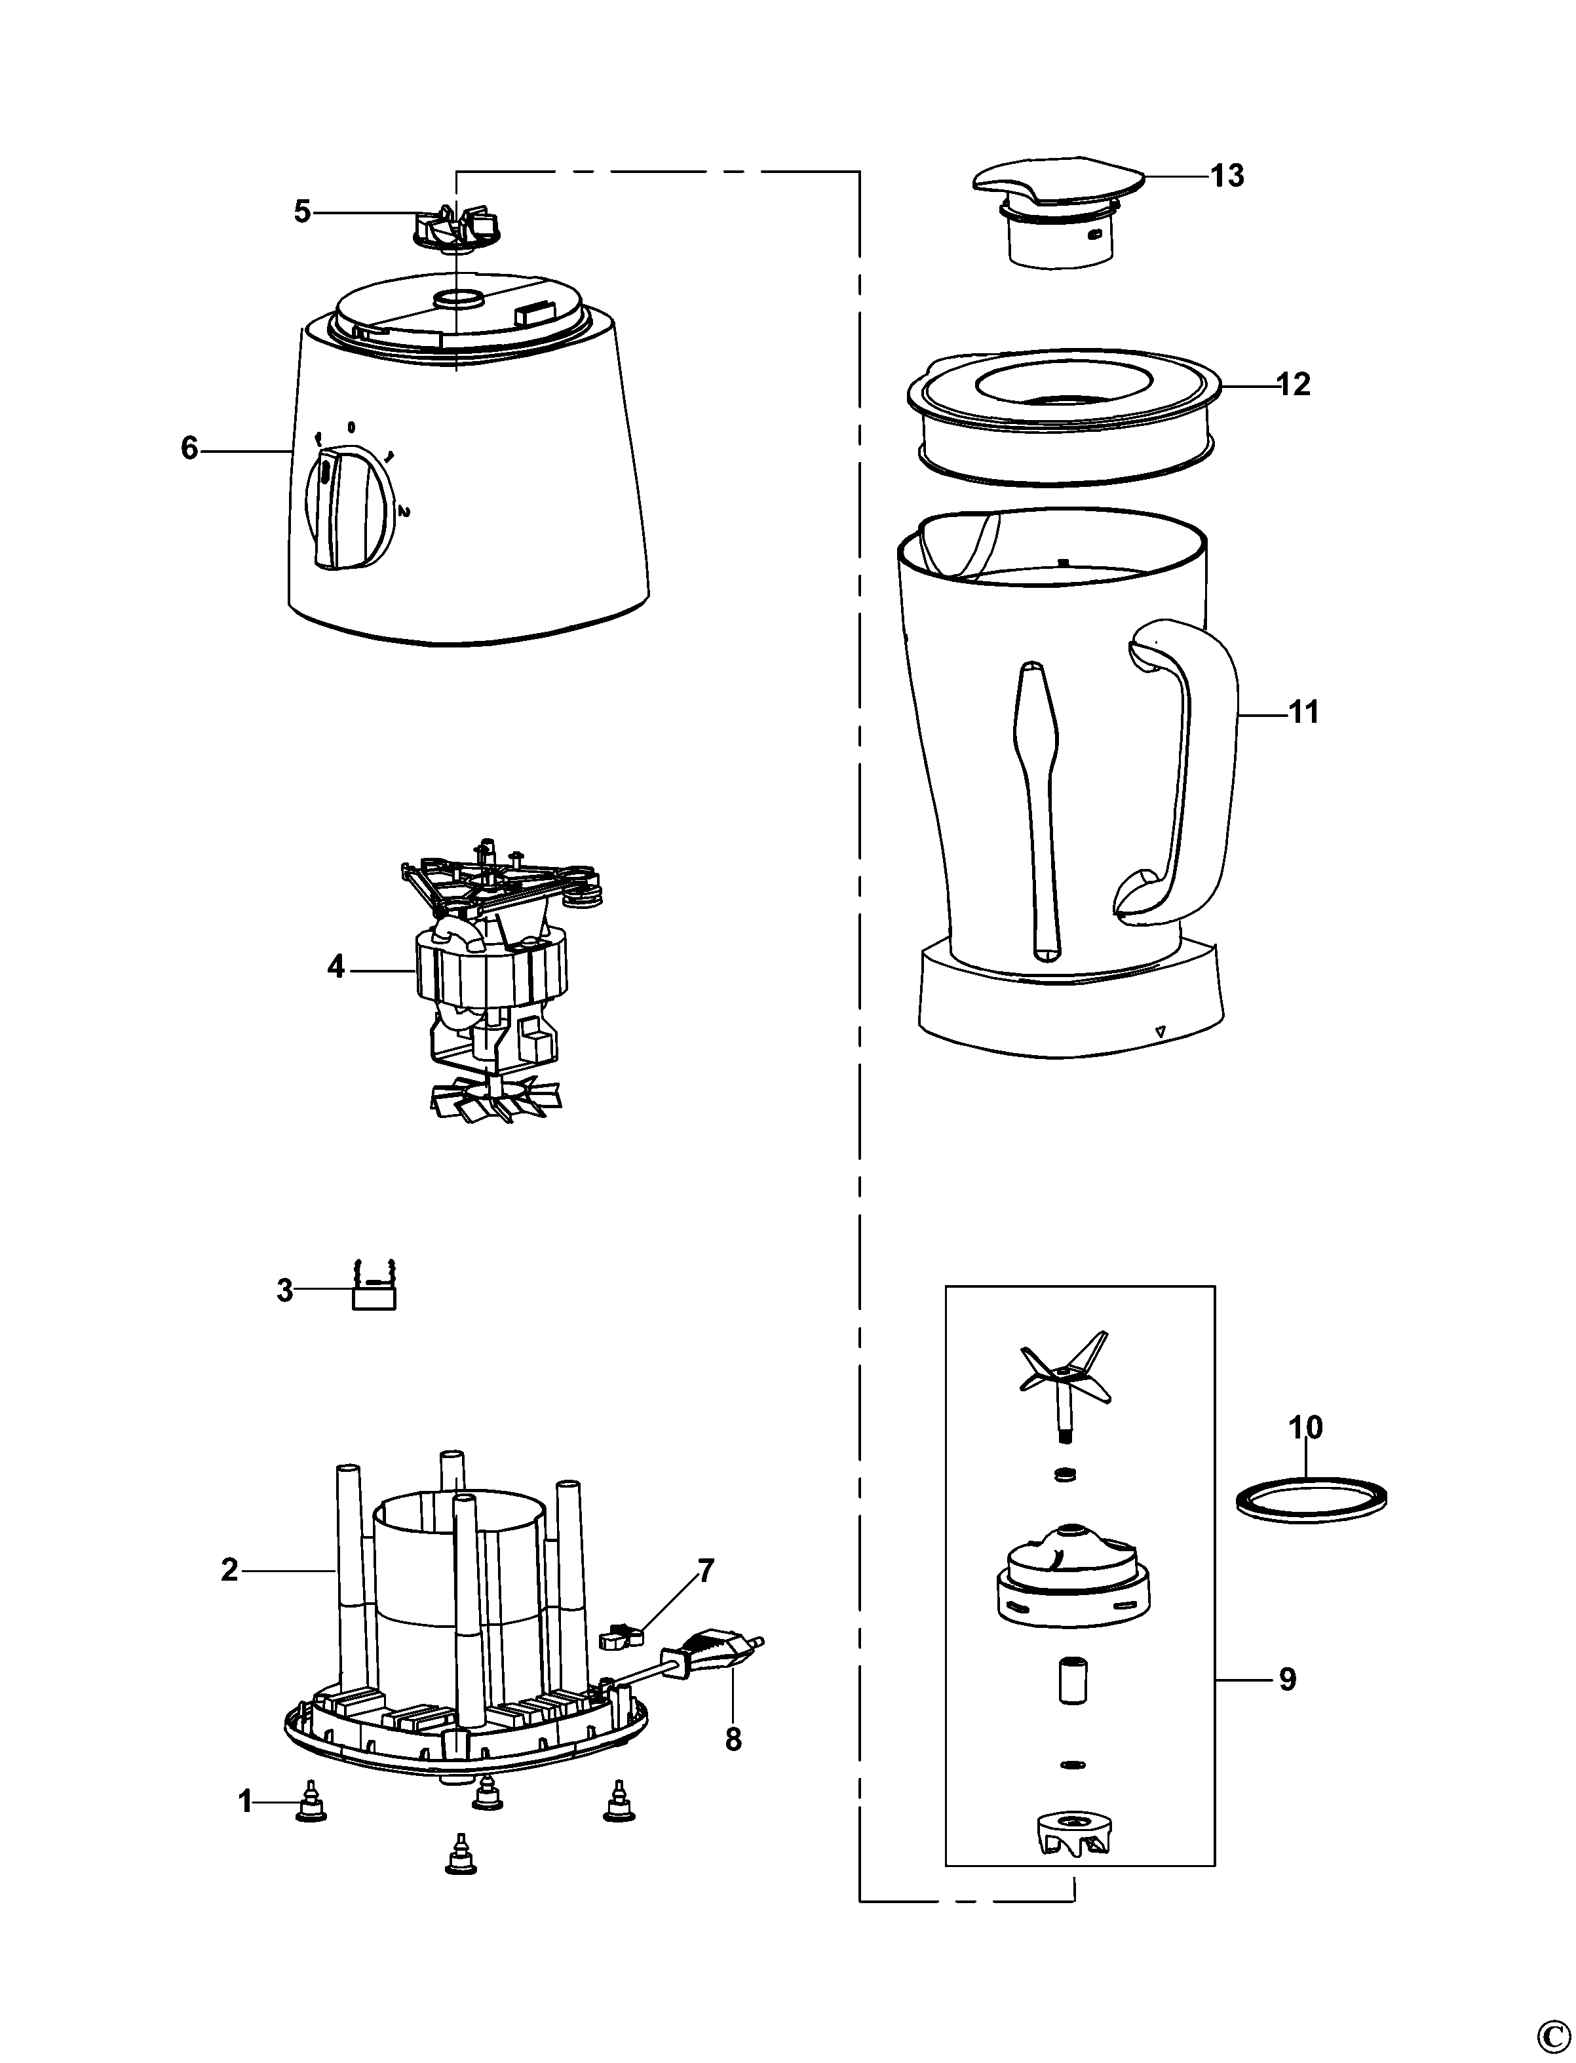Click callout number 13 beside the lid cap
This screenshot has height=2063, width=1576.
(x=1227, y=176)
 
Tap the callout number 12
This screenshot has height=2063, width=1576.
(x=1294, y=384)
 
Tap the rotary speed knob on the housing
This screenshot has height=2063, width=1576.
(x=348, y=507)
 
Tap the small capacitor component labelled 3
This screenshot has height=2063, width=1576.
(x=374, y=1289)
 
